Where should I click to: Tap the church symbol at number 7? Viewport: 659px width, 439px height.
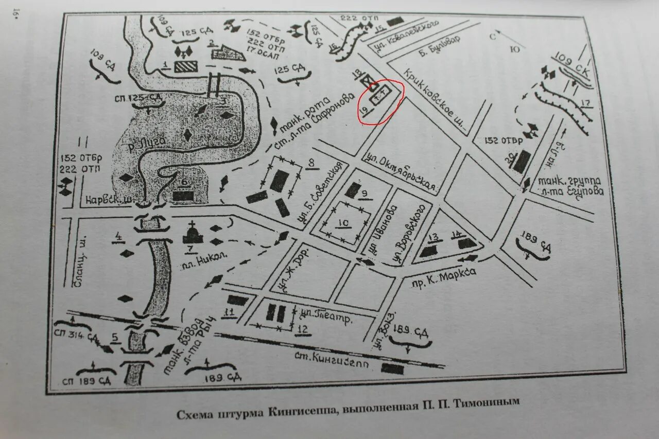(x=192, y=234)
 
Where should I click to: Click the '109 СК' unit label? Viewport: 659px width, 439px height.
(x=571, y=64)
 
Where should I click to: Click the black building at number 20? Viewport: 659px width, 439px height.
(x=521, y=161)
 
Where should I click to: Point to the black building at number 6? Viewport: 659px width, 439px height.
(x=183, y=196)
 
